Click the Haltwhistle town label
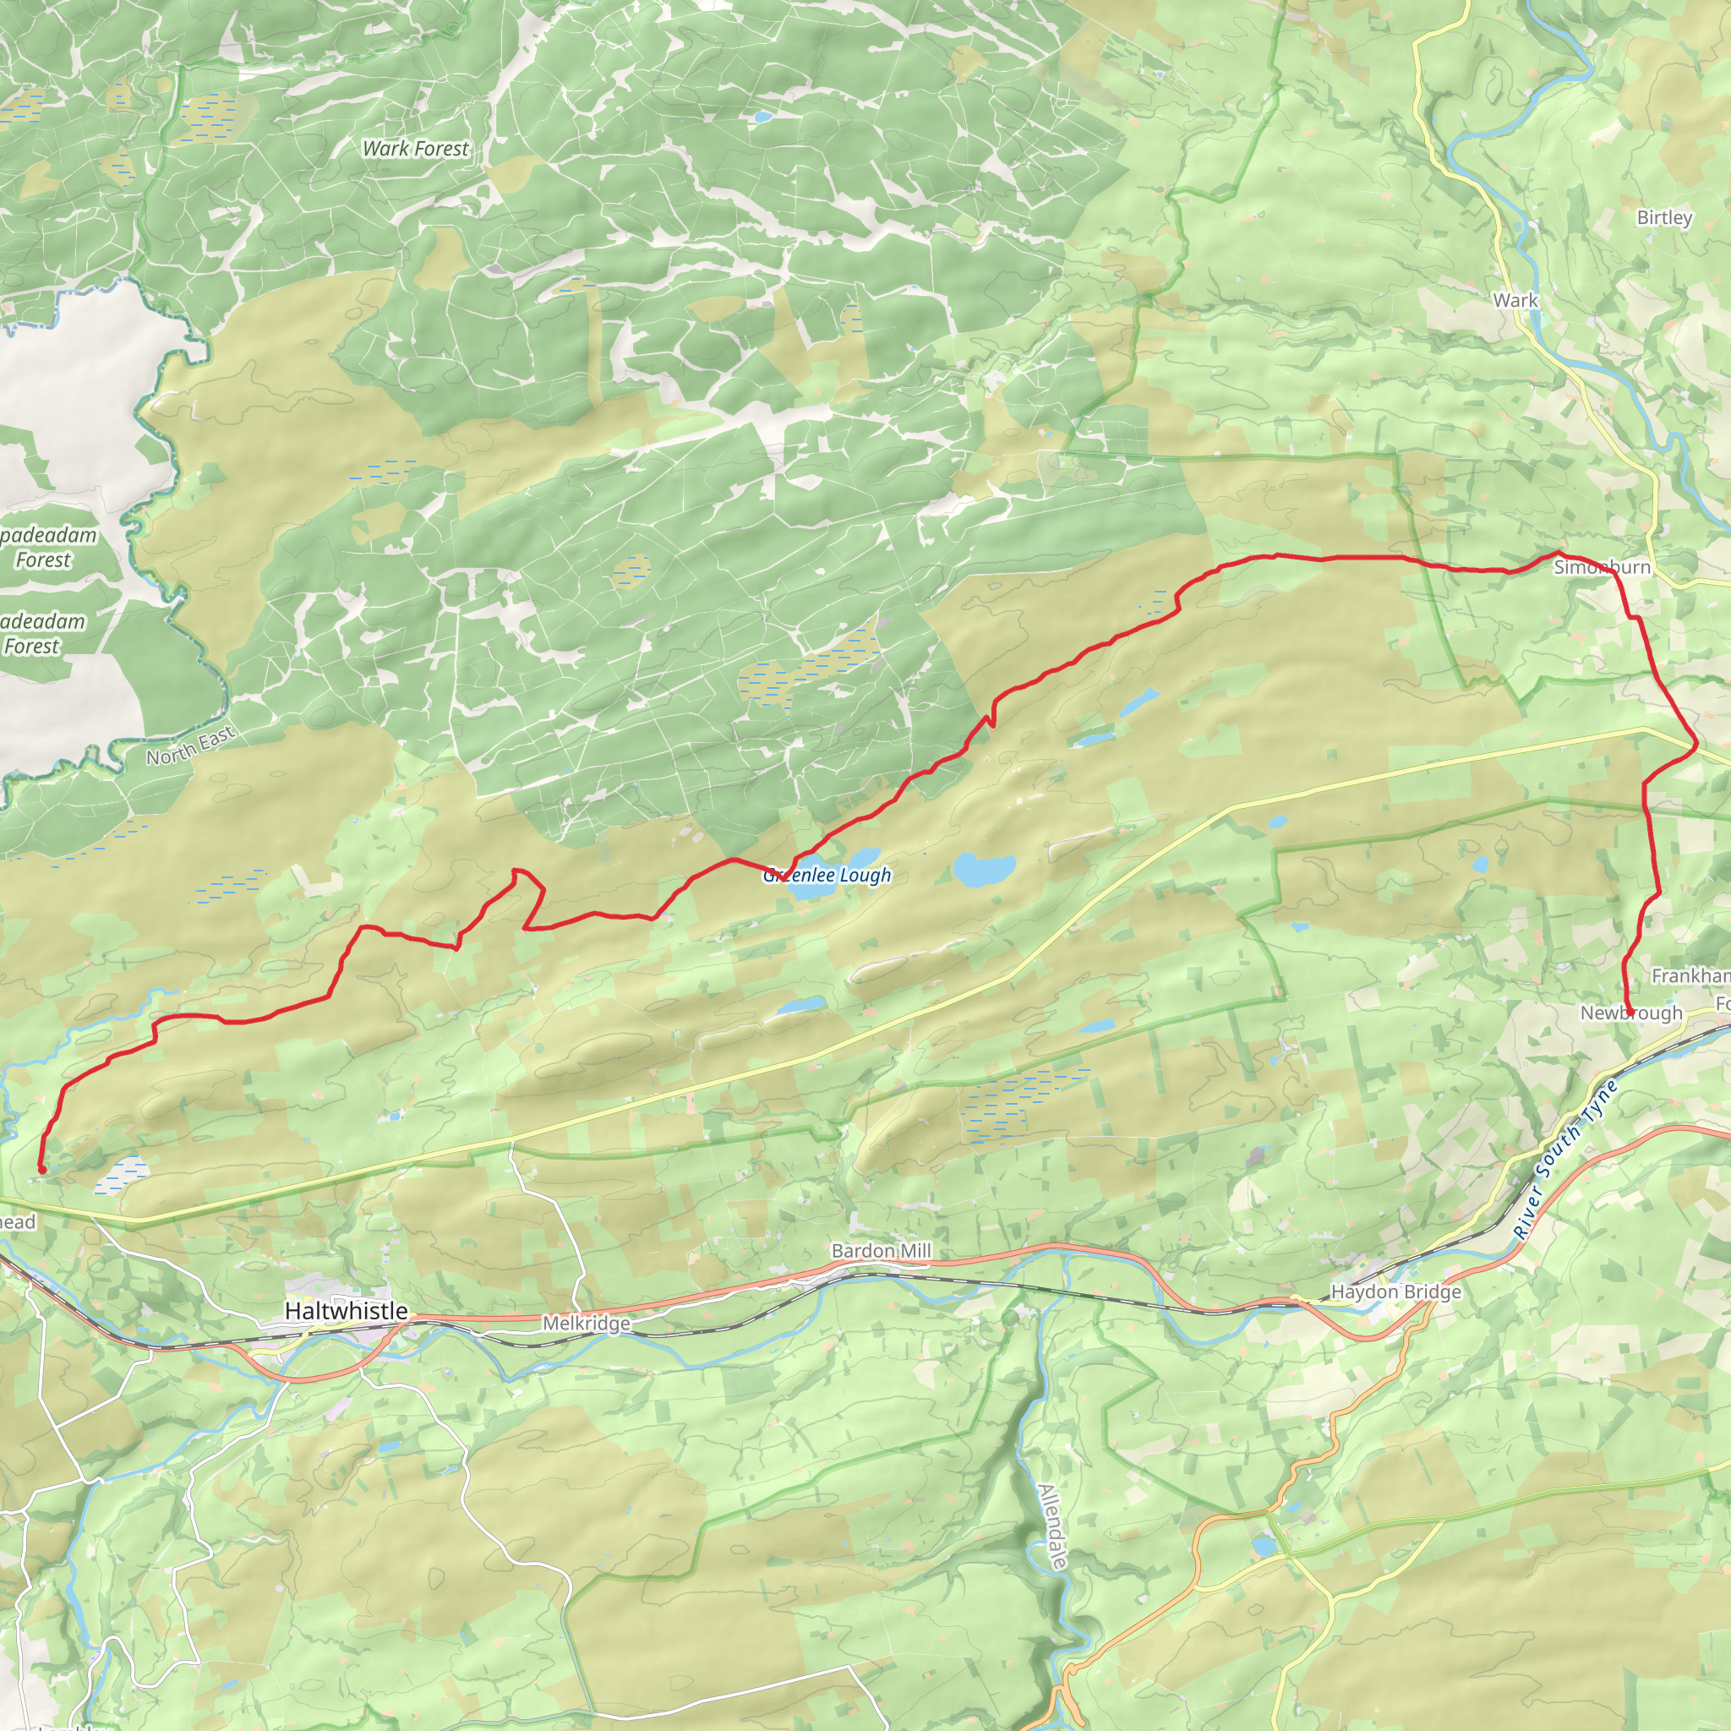(x=346, y=1311)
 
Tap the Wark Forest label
(x=415, y=149)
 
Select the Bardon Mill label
(x=881, y=1251)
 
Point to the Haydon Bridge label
(x=1396, y=1292)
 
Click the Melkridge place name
(x=586, y=1324)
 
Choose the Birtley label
(x=1663, y=218)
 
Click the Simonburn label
(x=1602, y=567)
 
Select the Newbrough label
(x=1630, y=1013)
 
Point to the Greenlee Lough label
(x=827, y=876)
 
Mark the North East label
(x=190, y=745)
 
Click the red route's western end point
(x=41, y=1170)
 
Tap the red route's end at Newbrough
(x=1630, y=1013)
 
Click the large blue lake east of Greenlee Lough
(x=984, y=868)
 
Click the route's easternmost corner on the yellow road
(x=1696, y=745)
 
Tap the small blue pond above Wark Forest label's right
(x=762, y=117)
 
